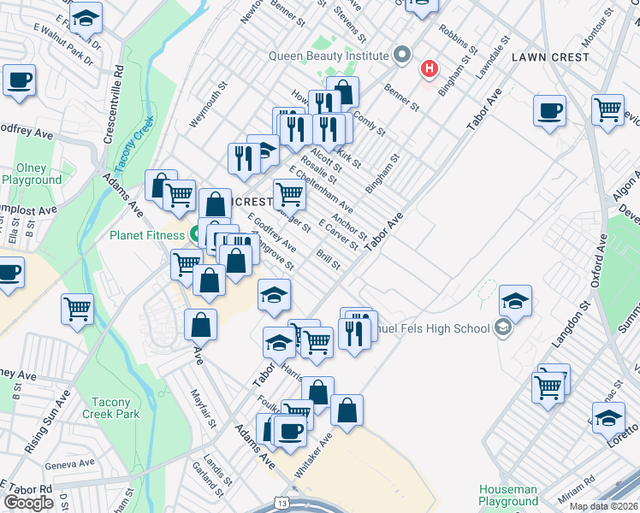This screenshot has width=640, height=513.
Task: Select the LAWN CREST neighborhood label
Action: tap(550, 56)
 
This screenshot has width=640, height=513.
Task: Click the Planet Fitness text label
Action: tap(146, 235)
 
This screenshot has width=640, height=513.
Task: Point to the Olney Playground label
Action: tap(32, 174)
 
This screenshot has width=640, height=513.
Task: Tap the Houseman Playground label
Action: tap(508, 495)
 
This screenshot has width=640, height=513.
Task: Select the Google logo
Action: tap(28, 503)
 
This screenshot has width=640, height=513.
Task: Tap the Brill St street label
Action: tap(329, 260)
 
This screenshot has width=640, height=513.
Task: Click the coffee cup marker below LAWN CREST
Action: tap(549, 111)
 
